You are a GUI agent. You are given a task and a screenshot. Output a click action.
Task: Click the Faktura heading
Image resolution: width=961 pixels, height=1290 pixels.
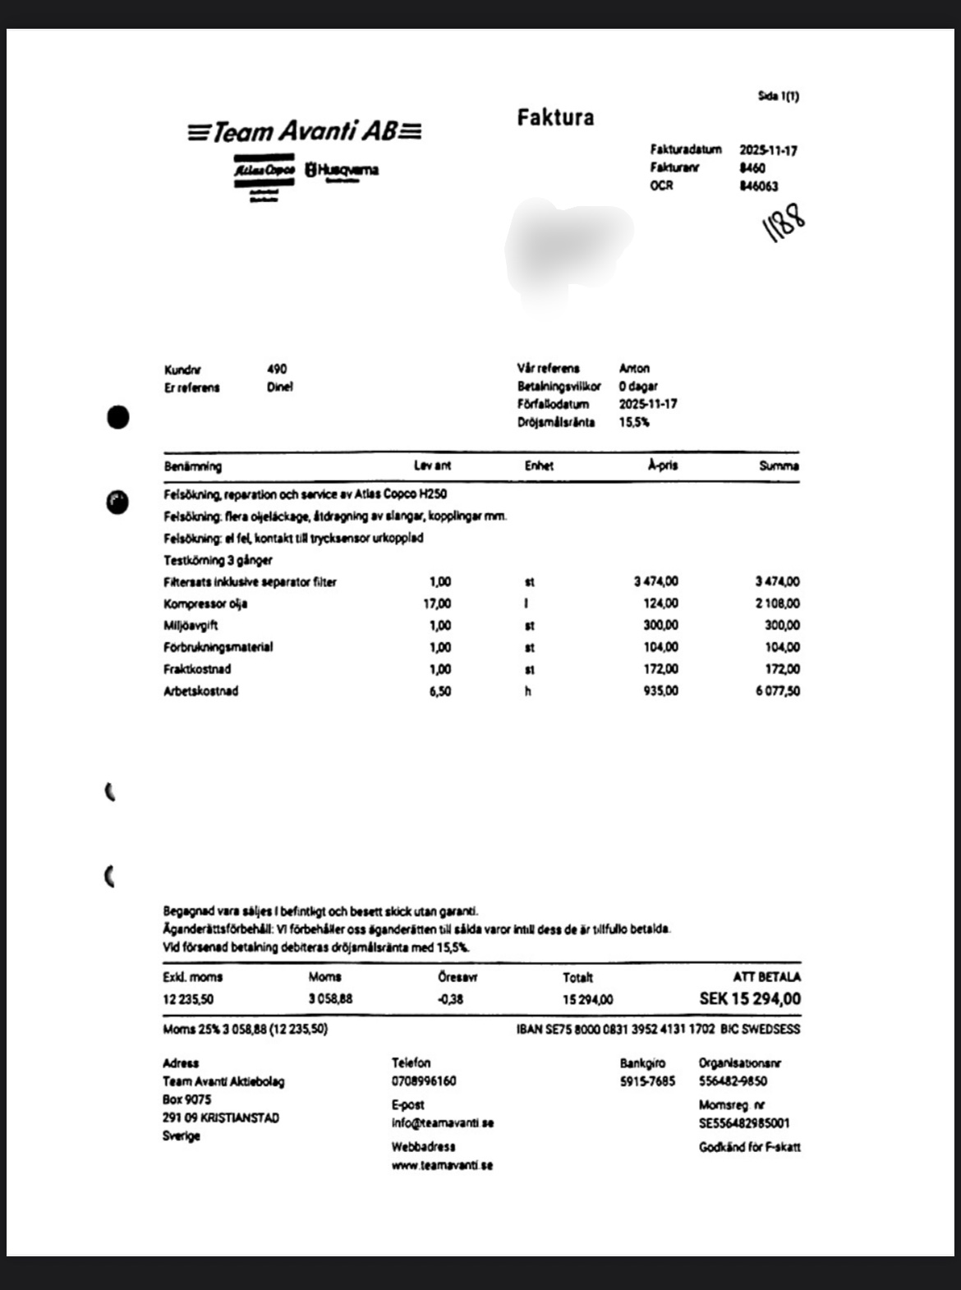tap(555, 117)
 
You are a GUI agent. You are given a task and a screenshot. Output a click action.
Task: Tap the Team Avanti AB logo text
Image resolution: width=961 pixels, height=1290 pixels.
tap(304, 131)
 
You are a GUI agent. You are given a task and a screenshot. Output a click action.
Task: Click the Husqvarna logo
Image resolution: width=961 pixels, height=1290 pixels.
tap(342, 170)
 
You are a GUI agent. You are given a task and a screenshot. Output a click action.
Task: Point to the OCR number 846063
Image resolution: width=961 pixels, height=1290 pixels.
tap(758, 186)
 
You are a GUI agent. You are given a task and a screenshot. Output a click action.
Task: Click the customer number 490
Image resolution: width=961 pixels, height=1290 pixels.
tap(277, 370)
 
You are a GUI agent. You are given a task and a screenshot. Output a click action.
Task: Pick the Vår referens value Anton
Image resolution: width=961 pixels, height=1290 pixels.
tap(634, 369)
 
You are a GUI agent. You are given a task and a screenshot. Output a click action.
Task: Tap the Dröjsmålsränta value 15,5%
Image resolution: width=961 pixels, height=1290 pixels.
tap(634, 422)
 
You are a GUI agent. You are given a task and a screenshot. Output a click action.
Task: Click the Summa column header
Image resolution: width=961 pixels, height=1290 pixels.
tap(779, 466)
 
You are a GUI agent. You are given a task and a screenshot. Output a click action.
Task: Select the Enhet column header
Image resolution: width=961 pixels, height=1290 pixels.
tap(539, 466)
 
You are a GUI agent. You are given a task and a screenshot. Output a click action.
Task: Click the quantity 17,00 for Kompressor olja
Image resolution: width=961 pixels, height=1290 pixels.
tap(437, 604)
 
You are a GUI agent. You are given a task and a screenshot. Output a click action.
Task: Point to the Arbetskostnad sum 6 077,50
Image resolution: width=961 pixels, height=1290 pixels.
tap(777, 691)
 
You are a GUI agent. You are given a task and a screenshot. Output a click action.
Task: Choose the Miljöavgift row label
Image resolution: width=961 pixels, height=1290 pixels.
tap(191, 626)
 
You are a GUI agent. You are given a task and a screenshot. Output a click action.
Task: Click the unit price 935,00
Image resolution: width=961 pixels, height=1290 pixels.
tap(660, 691)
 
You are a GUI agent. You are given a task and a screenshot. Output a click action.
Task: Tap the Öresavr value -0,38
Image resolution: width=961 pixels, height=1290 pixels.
tap(450, 999)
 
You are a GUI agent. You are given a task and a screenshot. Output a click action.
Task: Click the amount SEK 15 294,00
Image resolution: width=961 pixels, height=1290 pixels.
tap(749, 998)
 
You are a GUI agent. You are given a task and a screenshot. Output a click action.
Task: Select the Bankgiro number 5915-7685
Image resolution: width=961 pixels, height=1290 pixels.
tap(647, 1081)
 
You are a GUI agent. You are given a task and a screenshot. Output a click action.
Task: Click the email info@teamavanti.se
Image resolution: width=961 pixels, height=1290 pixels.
tap(442, 1122)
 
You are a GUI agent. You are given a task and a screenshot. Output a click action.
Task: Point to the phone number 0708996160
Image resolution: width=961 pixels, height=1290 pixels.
tap(424, 1081)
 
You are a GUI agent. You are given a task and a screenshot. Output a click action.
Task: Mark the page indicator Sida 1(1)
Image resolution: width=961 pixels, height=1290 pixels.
tap(778, 96)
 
